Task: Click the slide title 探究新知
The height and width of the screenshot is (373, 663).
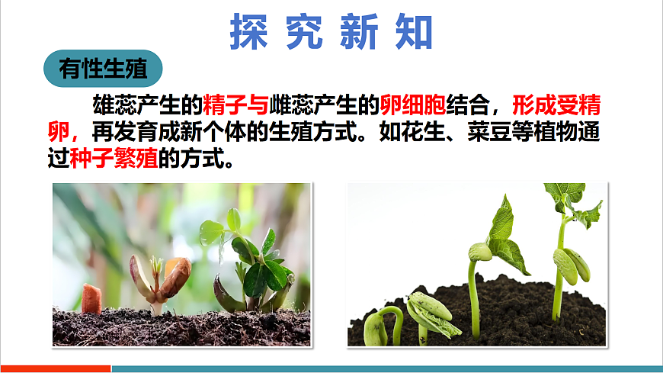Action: [331, 31]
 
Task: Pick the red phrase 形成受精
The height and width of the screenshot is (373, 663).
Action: [556, 103]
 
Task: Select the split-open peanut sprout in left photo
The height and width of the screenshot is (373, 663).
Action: [160, 282]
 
